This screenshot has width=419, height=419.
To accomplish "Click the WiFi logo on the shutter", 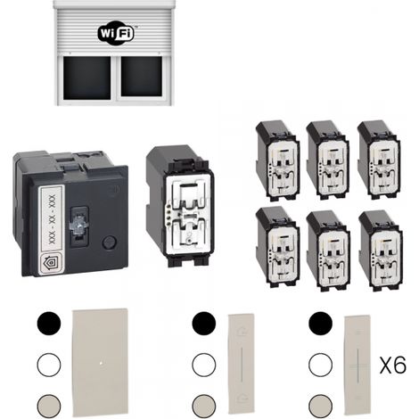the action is [116, 33].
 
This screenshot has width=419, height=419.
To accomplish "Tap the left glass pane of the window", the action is [86, 78].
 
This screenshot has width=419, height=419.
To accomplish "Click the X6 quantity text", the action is [393, 366].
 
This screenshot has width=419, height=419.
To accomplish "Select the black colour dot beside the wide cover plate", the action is [49, 324].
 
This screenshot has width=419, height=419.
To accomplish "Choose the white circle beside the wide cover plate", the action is [49, 365].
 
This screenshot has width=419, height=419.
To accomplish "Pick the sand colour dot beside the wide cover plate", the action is [49, 406].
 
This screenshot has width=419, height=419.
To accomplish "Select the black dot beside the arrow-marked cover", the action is [204, 324].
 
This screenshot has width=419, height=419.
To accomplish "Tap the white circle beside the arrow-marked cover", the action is [204, 365].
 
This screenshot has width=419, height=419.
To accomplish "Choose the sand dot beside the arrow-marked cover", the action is [204, 406].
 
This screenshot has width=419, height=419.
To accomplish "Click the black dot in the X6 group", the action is [320, 324].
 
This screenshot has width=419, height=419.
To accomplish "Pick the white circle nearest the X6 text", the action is [320, 365].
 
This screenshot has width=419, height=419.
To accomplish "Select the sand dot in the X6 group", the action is [320, 406].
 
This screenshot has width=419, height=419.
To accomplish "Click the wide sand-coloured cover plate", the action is [101, 362].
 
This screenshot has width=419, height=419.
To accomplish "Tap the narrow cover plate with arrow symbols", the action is [242, 364].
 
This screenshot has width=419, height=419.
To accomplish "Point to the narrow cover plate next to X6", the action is [357, 366].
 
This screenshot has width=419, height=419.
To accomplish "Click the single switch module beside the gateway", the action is [180, 206].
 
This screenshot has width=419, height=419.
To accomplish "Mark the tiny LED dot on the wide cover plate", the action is [102, 362].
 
